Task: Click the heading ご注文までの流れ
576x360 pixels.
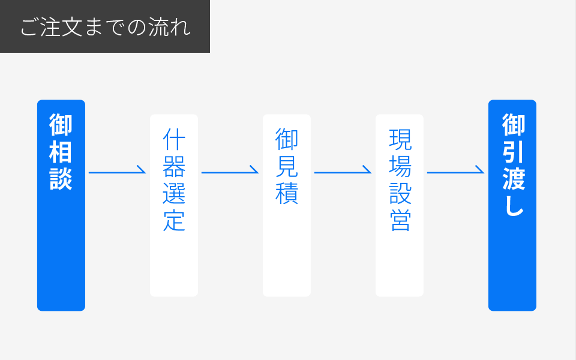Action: (x=106, y=27)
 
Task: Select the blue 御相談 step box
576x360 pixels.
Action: (x=61, y=205)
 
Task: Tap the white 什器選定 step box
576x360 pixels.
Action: (x=174, y=205)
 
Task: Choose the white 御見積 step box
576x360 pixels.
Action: (x=287, y=205)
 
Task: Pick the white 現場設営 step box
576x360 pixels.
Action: (x=400, y=205)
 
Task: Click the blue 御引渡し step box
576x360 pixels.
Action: (x=512, y=205)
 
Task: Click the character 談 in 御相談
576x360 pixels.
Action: (x=61, y=179)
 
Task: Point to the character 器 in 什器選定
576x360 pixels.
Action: (x=174, y=166)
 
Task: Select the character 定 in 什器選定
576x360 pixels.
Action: (x=174, y=221)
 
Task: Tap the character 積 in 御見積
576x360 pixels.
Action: (x=287, y=194)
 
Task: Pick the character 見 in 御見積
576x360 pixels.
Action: (x=287, y=166)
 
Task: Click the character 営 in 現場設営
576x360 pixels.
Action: (x=400, y=221)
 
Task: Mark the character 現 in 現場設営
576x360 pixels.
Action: (x=400, y=139)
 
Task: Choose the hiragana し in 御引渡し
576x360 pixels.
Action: (x=514, y=205)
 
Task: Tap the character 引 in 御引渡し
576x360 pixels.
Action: (x=514, y=152)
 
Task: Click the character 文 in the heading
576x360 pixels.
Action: (x=72, y=27)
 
